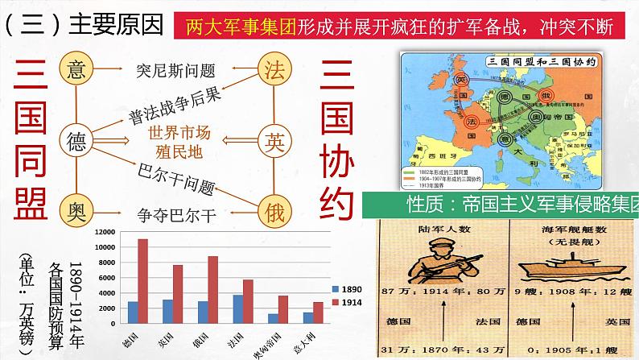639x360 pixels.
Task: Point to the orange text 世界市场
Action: (x=182, y=131)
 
